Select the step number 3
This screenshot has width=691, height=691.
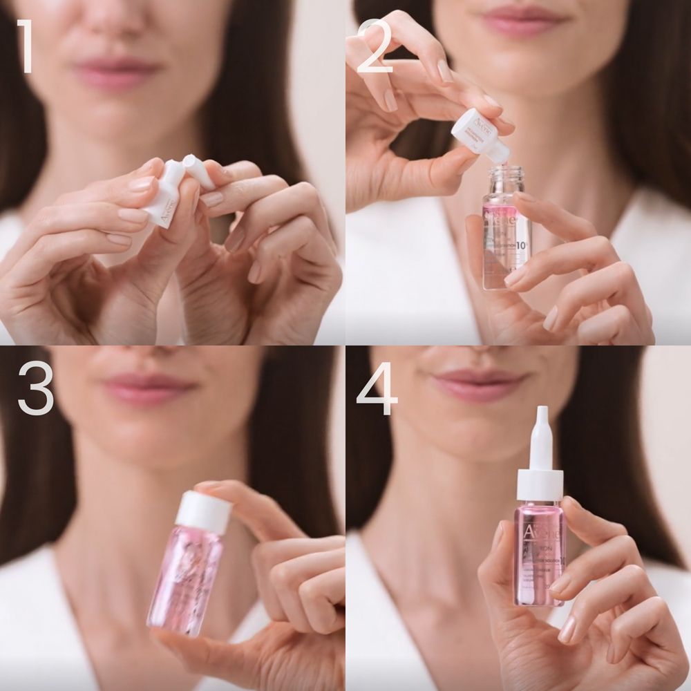coord(35,390)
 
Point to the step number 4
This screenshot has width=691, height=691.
coord(377,390)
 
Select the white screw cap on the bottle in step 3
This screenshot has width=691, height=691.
coord(203,512)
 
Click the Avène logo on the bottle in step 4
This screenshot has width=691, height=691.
coord(539,532)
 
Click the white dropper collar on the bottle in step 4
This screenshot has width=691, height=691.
coord(539,484)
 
